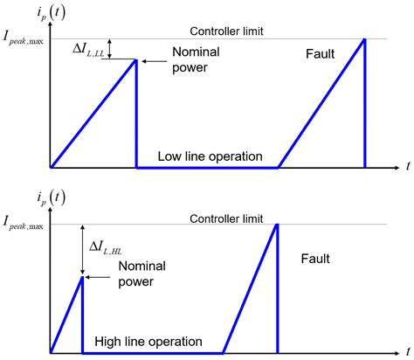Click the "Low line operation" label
[x=210, y=156]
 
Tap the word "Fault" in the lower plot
[x=318, y=260]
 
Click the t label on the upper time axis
[x=407, y=166]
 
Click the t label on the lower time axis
[x=407, y=352]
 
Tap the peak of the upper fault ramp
[x=363, y=39]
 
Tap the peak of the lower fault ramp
[x=277, y=225]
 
